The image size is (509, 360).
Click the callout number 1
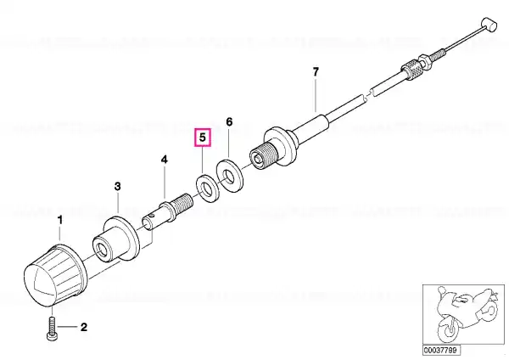(x=59, y=220)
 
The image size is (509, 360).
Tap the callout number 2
(x=84, y=327)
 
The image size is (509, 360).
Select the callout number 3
(x=118, y=186)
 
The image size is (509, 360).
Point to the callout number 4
(x=165, y=160)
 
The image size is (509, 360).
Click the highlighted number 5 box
(x=203, y=138)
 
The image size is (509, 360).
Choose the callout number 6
(x=229, y=122)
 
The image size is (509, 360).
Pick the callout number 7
(x=316, y=72)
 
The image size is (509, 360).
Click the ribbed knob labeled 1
(x=55, y=276)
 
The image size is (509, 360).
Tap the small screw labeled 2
(x=52, y=329)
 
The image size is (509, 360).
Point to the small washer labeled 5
(x=208, y=188)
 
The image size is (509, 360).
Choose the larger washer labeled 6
(x=229, y=176)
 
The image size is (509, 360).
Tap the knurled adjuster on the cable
(x=412, y=70)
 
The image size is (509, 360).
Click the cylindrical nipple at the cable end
(x=489, y=25)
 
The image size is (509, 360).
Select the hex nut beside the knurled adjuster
(x=424, y=61)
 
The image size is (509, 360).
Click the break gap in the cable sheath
(x=368, y=94)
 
